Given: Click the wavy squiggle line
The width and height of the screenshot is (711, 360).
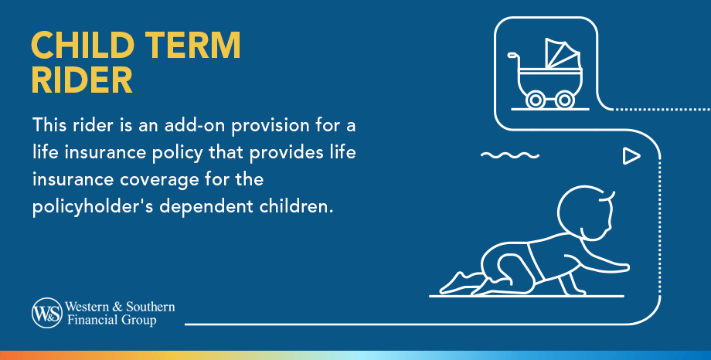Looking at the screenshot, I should click(509, 156).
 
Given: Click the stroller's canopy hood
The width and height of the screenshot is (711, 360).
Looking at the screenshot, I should click(562, 56).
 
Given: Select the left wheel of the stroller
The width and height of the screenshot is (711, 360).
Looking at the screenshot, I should click(534, 99).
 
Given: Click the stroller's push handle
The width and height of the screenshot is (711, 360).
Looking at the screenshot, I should click(513, 56).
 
